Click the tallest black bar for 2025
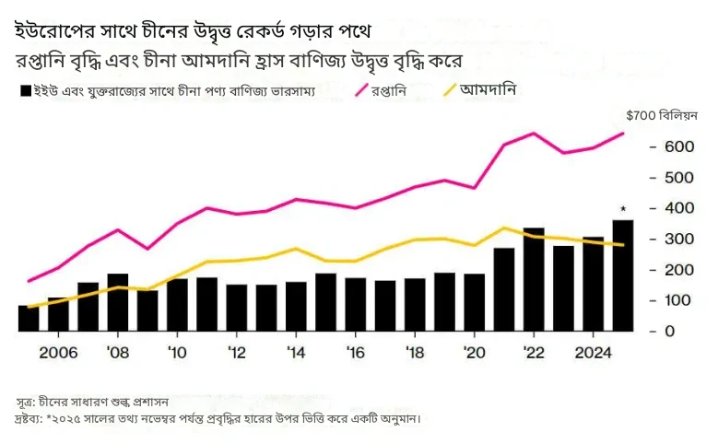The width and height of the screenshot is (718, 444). pyautogui.click(x=623, y=275)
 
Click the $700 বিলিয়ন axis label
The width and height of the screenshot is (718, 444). pyautogui.click(x=661, y=116)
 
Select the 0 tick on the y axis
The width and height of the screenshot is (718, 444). pyautogui.click(x=668, y=331)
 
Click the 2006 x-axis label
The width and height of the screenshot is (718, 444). pyautogui.click(x=58, y=354)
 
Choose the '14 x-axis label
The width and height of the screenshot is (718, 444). pyautogui.click(x=296, y=354)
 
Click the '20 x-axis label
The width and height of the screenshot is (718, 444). pyautogui.click(x=475, y=354)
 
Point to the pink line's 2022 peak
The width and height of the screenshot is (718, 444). pyautogui.click(x=534, y=134)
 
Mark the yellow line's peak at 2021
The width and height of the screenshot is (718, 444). pyautogui.click(x=504, y=228)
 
